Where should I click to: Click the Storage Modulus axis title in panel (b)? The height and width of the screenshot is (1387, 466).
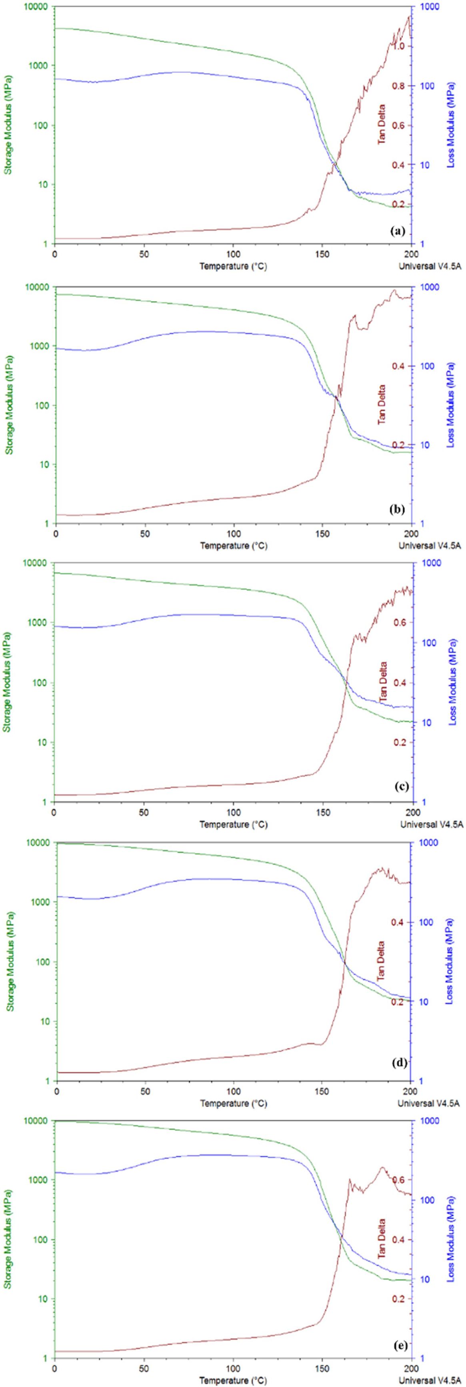click(x=10, y=405)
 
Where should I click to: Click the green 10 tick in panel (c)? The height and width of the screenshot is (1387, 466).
click(x=43, y=742)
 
